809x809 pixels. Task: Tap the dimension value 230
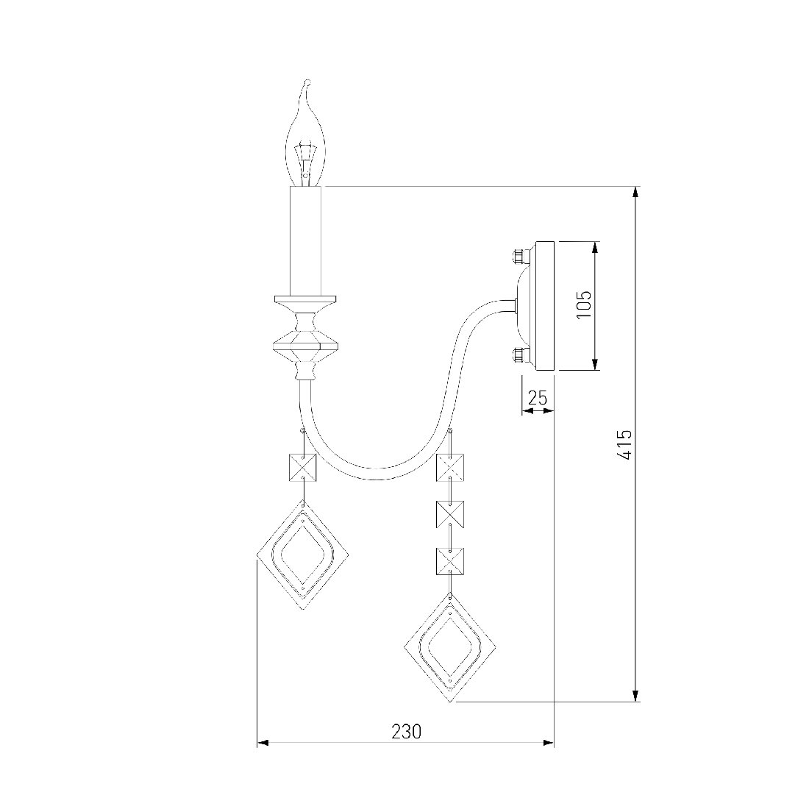click(x=406, y=731)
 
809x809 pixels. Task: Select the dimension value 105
click(x=583, y=304)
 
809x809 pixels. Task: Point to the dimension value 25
click(x=537, y=398)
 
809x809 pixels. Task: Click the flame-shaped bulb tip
click(x=307, y=82)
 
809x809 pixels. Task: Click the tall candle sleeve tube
click(x=306, y=240)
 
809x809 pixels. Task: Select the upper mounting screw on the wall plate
click(x=518, y=255)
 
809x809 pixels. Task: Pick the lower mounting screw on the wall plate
click(x=518, y=354)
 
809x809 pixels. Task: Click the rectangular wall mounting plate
click(x=544, y=305)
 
